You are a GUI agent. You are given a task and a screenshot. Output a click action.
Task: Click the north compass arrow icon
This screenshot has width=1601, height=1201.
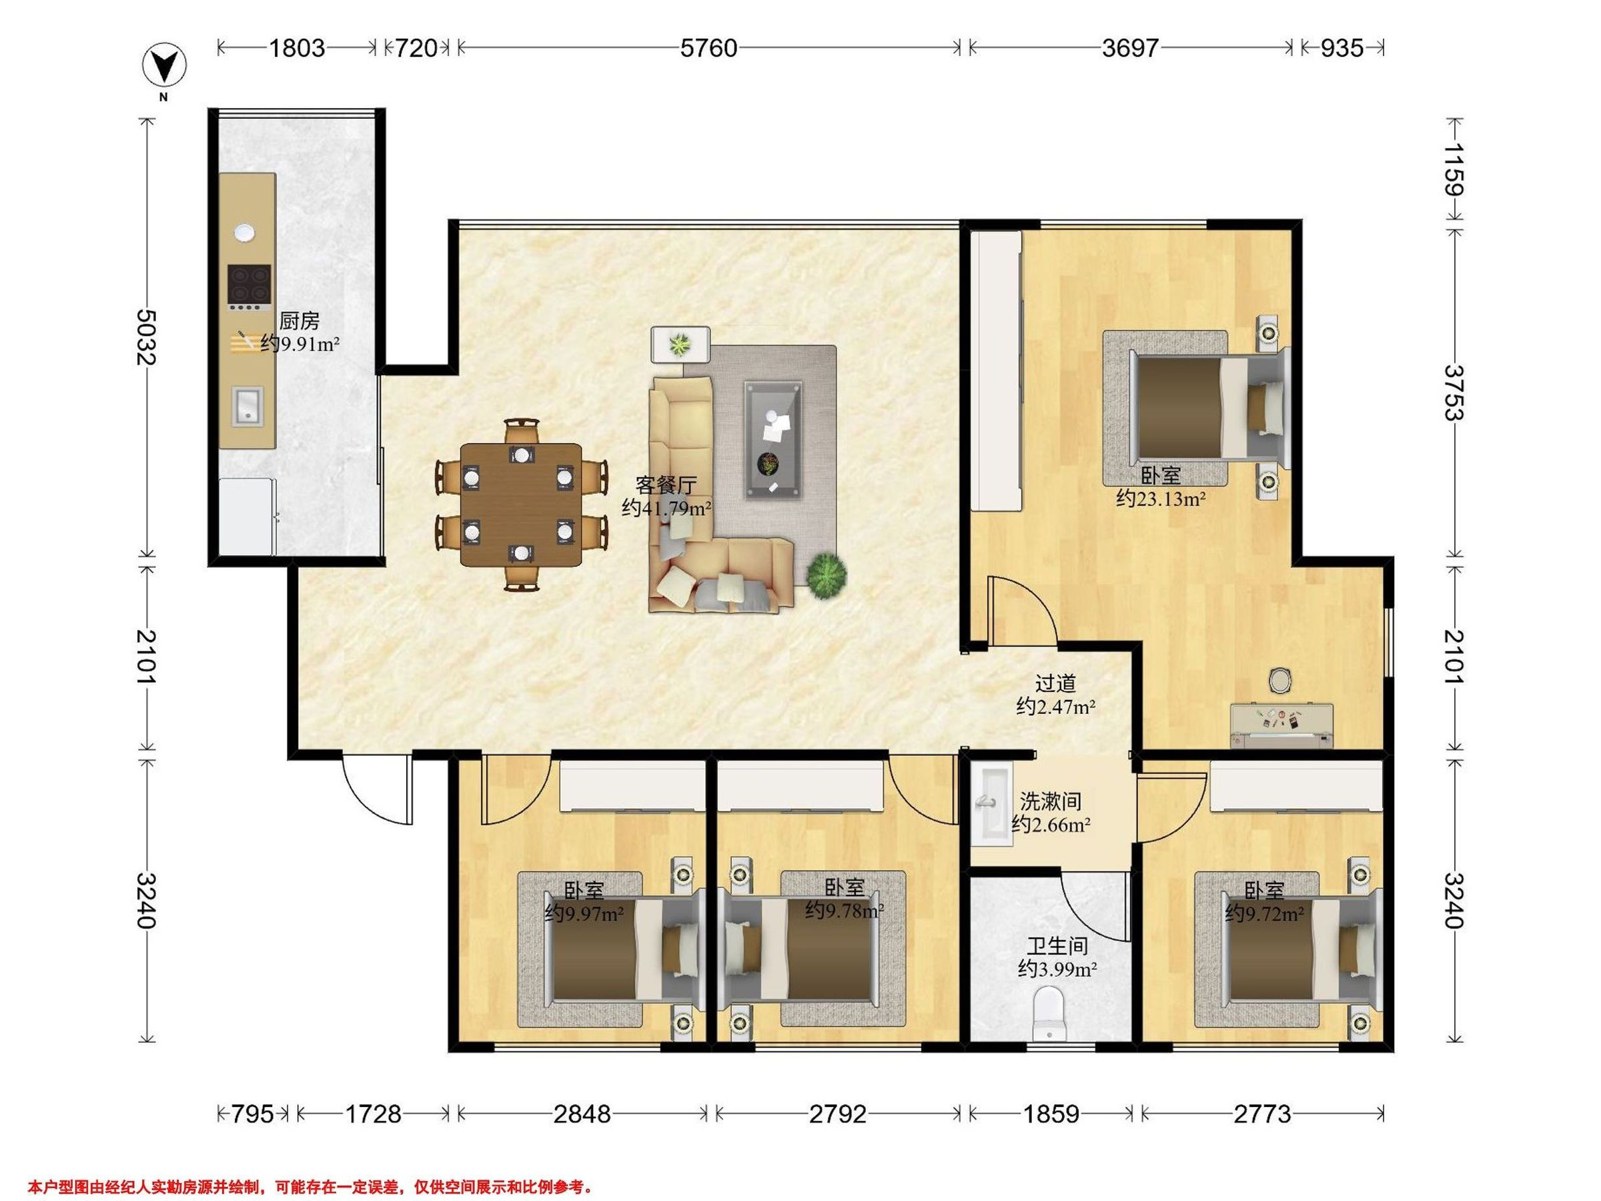(x=163, y=67)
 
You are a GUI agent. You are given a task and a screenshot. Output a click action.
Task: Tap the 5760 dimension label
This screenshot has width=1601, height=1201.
(x=708, y=49)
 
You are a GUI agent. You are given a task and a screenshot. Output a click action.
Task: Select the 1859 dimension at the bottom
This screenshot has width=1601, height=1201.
(x=1051, y=1114)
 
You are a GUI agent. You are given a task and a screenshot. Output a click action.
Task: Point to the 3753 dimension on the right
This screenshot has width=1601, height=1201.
(x=1454, y=392)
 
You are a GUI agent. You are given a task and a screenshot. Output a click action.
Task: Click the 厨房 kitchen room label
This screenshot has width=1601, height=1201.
(x=299, y=321)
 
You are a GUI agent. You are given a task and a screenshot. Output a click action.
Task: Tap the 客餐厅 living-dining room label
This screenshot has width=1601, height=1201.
(x=666, y=484)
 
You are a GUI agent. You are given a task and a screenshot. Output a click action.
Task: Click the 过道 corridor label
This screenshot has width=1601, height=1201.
(x=1055, y=683)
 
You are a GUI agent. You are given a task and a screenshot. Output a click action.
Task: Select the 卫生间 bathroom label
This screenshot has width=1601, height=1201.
(x=1057, y=945)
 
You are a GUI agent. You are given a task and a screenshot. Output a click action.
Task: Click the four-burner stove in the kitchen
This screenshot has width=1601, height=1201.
(x=249, y=287)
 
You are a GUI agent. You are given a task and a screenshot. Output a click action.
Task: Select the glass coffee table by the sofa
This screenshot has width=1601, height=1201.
(x=774, y=440)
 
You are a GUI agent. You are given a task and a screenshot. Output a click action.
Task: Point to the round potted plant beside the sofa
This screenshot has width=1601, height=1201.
(x=827, y=576)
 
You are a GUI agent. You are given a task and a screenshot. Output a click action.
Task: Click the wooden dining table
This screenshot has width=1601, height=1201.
(x=521, y=504)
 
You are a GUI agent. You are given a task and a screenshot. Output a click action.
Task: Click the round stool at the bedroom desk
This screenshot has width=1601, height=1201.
(x=1280, y=680)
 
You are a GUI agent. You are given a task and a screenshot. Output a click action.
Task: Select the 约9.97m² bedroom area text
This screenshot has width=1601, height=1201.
(x=584, y=913)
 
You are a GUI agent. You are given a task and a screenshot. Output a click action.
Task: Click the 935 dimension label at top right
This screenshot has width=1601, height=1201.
(x=1342, y=49)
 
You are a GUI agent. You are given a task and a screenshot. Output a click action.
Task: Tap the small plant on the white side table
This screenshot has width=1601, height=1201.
(x=680, y=344)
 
